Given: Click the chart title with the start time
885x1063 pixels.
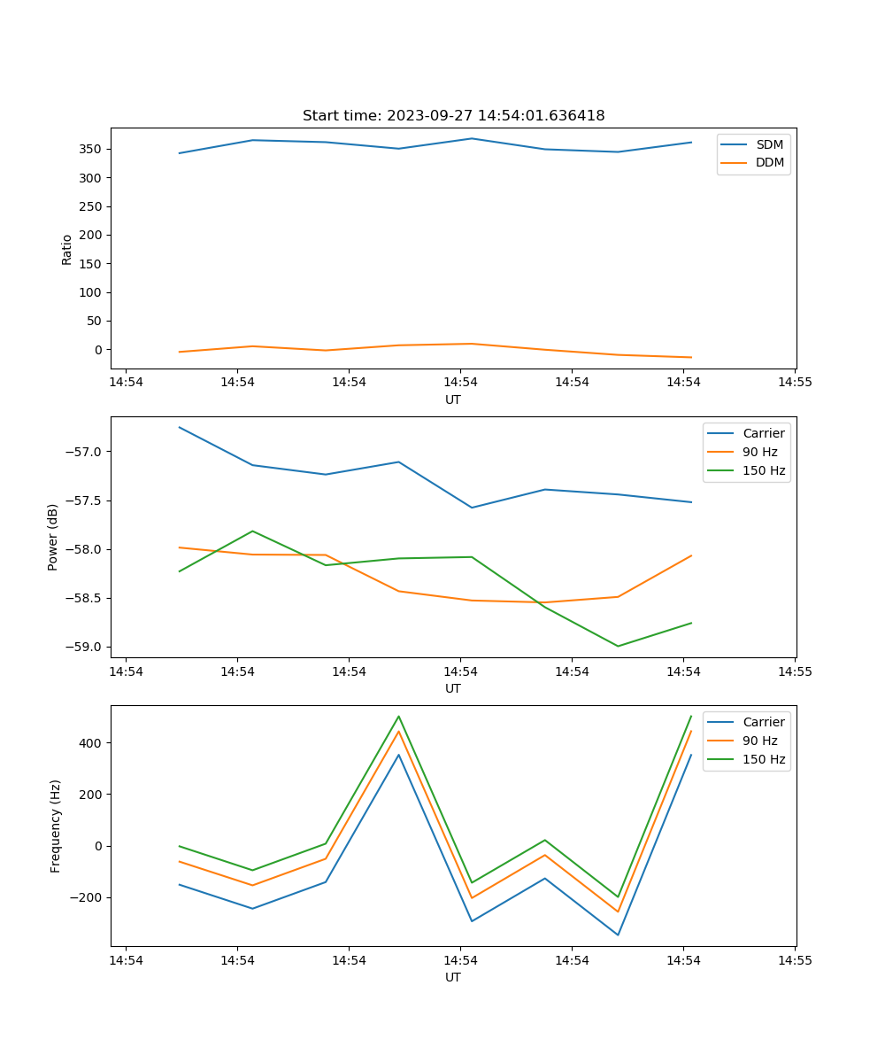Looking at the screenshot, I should click(453, 116).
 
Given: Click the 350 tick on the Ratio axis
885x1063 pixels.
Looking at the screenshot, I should click(92, 149).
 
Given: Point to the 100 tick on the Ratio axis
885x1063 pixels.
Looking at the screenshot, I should click(92, 292).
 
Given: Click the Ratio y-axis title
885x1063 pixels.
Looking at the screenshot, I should click(67, 249).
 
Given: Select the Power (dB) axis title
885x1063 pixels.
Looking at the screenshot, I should click(53, 537).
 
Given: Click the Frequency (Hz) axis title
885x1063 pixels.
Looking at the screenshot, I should click(55, 826).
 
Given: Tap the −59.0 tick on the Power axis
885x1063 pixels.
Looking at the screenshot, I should click(85, 647).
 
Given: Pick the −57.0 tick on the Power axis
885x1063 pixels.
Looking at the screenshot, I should click(85, 452).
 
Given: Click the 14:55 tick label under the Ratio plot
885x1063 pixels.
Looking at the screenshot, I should click(794, 383).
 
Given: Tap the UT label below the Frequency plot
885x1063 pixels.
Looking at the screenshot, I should click(453, 977).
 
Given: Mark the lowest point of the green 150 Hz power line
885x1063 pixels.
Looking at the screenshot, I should click(618, 646).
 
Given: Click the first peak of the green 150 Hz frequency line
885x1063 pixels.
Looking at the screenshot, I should click(398, 717).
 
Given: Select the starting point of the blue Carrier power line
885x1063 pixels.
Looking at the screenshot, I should click(180, 427).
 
